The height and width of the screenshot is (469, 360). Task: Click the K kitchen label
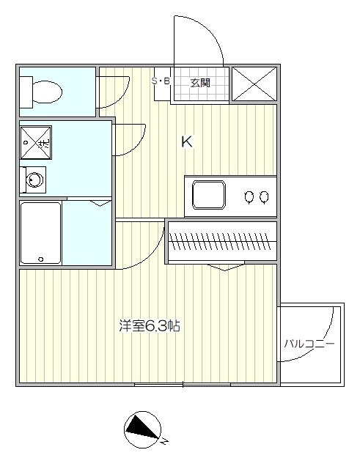(187, 143)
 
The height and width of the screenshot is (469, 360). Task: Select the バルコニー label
(309, 343)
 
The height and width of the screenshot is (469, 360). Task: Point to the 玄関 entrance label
(199, 81)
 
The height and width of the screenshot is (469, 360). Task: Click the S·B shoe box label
(161, 81)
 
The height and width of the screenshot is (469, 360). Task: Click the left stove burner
(249, 196)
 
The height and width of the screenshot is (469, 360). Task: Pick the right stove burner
(264, 196)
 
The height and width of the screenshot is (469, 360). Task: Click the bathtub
(40, 232)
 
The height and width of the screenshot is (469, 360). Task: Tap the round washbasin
(33, 178)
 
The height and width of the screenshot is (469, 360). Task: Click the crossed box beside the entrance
(254, 84)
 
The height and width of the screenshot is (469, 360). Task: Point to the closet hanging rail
(223, 239)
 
